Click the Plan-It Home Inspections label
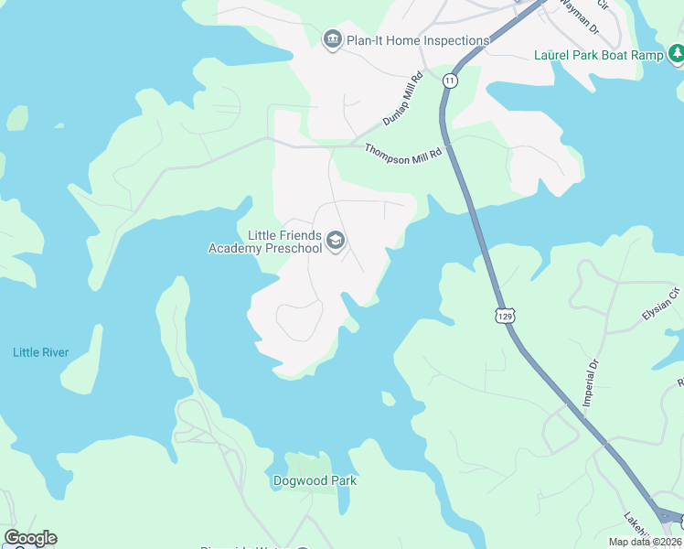tap(418, 40)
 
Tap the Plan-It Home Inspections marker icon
tap(332, 39)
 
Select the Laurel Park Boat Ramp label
tap(598, 55)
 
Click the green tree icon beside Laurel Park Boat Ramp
tap(675, 56)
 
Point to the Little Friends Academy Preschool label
tap(265, 242)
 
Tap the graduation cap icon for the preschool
tap(336, 241)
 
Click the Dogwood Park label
tap(315, 480)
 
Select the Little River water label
tap(40, 352)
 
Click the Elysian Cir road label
tap(662, 307)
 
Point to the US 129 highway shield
tap(506, 315)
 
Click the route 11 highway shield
tap(449, 81)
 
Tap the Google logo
tap(30, 538)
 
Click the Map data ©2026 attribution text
tap(645, 542)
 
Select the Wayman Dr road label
tap(580, 17)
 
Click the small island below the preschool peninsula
tap(389, 399)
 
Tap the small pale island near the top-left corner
tap(17, 118)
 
